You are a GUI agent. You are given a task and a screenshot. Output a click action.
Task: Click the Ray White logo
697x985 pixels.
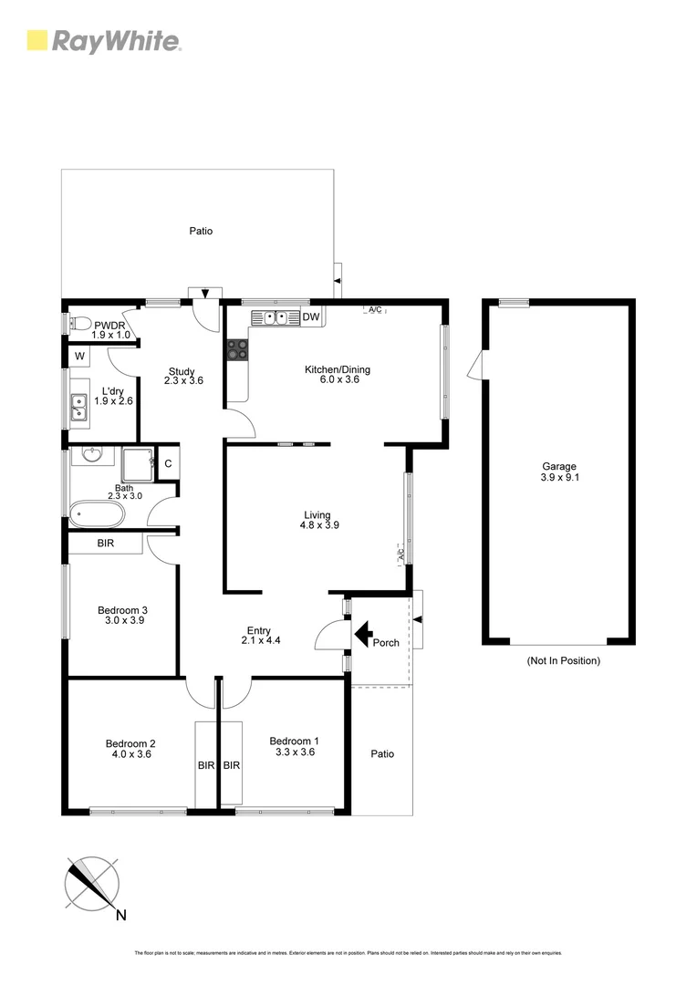pos(103,40)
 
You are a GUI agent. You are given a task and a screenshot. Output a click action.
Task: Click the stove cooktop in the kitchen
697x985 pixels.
pos(236,348)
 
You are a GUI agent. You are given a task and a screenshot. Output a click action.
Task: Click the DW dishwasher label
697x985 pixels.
pos(310,318)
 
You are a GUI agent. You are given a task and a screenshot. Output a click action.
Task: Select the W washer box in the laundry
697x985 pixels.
pos(80,356)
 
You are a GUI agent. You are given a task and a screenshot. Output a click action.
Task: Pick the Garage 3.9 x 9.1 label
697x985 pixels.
pos(558,472)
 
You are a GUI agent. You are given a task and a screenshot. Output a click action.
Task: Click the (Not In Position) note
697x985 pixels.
pos(563,660)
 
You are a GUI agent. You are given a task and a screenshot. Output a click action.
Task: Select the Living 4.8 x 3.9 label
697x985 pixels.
pos(319,520)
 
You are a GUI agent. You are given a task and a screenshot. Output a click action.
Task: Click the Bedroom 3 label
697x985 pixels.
pos(122,616)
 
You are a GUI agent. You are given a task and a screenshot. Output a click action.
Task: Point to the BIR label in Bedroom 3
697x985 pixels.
pos(106,544)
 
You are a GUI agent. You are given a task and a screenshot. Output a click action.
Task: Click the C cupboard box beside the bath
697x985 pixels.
pos(168,463)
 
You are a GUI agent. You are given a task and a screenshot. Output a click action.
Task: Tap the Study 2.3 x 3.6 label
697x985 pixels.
pos(182,376)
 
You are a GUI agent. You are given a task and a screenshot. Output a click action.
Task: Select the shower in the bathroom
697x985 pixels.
pos(139,462)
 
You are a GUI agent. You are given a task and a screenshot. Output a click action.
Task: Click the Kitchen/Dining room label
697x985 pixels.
pos(338,375)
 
